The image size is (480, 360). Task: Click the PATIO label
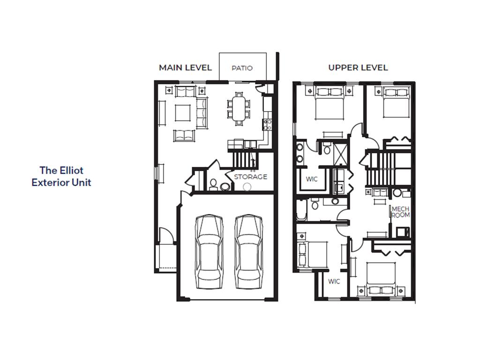[x=242, y=68]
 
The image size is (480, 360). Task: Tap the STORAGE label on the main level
[x=251, y=177]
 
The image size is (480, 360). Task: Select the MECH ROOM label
[x=401, y=212]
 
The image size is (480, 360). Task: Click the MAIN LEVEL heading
[x=185, y=67]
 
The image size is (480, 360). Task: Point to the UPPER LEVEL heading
[x=358, y=67]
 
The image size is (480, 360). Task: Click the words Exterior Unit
[x=61, y=182]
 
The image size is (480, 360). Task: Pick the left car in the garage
[x=210, y=252]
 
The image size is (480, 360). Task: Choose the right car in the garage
[x=249, y=252]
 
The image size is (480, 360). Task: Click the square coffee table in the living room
[x=182, y=112]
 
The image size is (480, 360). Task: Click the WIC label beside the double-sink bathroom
[x=312, y=179]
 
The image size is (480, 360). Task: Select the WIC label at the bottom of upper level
[x=334, y=281]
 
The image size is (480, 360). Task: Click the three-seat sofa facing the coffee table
[x=202, y=112]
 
